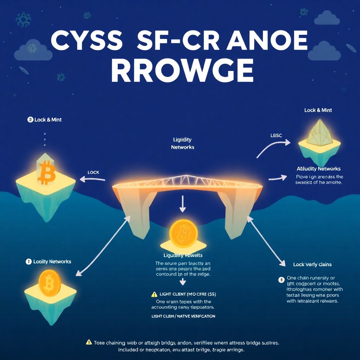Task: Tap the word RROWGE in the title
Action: coord(182,70)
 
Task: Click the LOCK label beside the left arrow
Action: coord(93,172)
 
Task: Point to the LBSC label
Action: coord(276,135)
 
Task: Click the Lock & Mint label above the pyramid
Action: coord(318,110)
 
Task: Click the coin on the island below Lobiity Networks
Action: coord(50,283)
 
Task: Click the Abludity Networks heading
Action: coord(319,169)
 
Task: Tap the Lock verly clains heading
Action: coord(312,264)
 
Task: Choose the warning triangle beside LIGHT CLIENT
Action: coord(154,294)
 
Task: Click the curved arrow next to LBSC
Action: coord(272,147)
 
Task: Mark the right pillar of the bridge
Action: coord(234,214)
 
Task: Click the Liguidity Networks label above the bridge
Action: coord(182,143)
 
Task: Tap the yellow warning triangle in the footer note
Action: coord(89,341)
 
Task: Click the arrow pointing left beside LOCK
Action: coord(92,179)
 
